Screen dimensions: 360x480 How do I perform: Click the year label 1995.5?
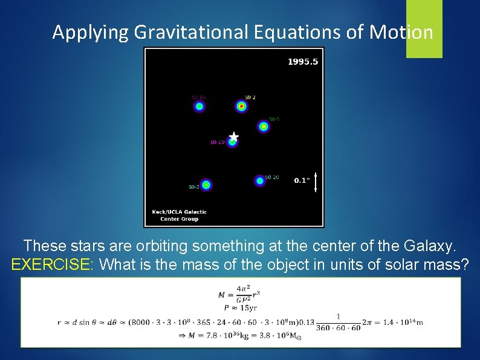[302, 62]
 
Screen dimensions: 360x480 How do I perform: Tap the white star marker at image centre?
[234, 137]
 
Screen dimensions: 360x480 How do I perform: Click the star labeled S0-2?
[241, 106]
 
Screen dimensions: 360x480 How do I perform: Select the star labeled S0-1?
[263, 126]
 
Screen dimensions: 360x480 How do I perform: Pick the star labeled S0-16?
[199, 106]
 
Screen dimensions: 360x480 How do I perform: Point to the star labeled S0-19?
[232, 143]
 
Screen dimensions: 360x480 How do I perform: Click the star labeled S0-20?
[260, 180]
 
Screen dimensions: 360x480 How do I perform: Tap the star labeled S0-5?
[206, 185]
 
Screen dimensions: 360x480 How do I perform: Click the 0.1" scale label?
[302, 180]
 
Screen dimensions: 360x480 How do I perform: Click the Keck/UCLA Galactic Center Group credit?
[179, 215]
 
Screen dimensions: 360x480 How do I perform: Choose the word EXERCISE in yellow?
[50, 264]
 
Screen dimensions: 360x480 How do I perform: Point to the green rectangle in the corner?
[424, 28]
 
